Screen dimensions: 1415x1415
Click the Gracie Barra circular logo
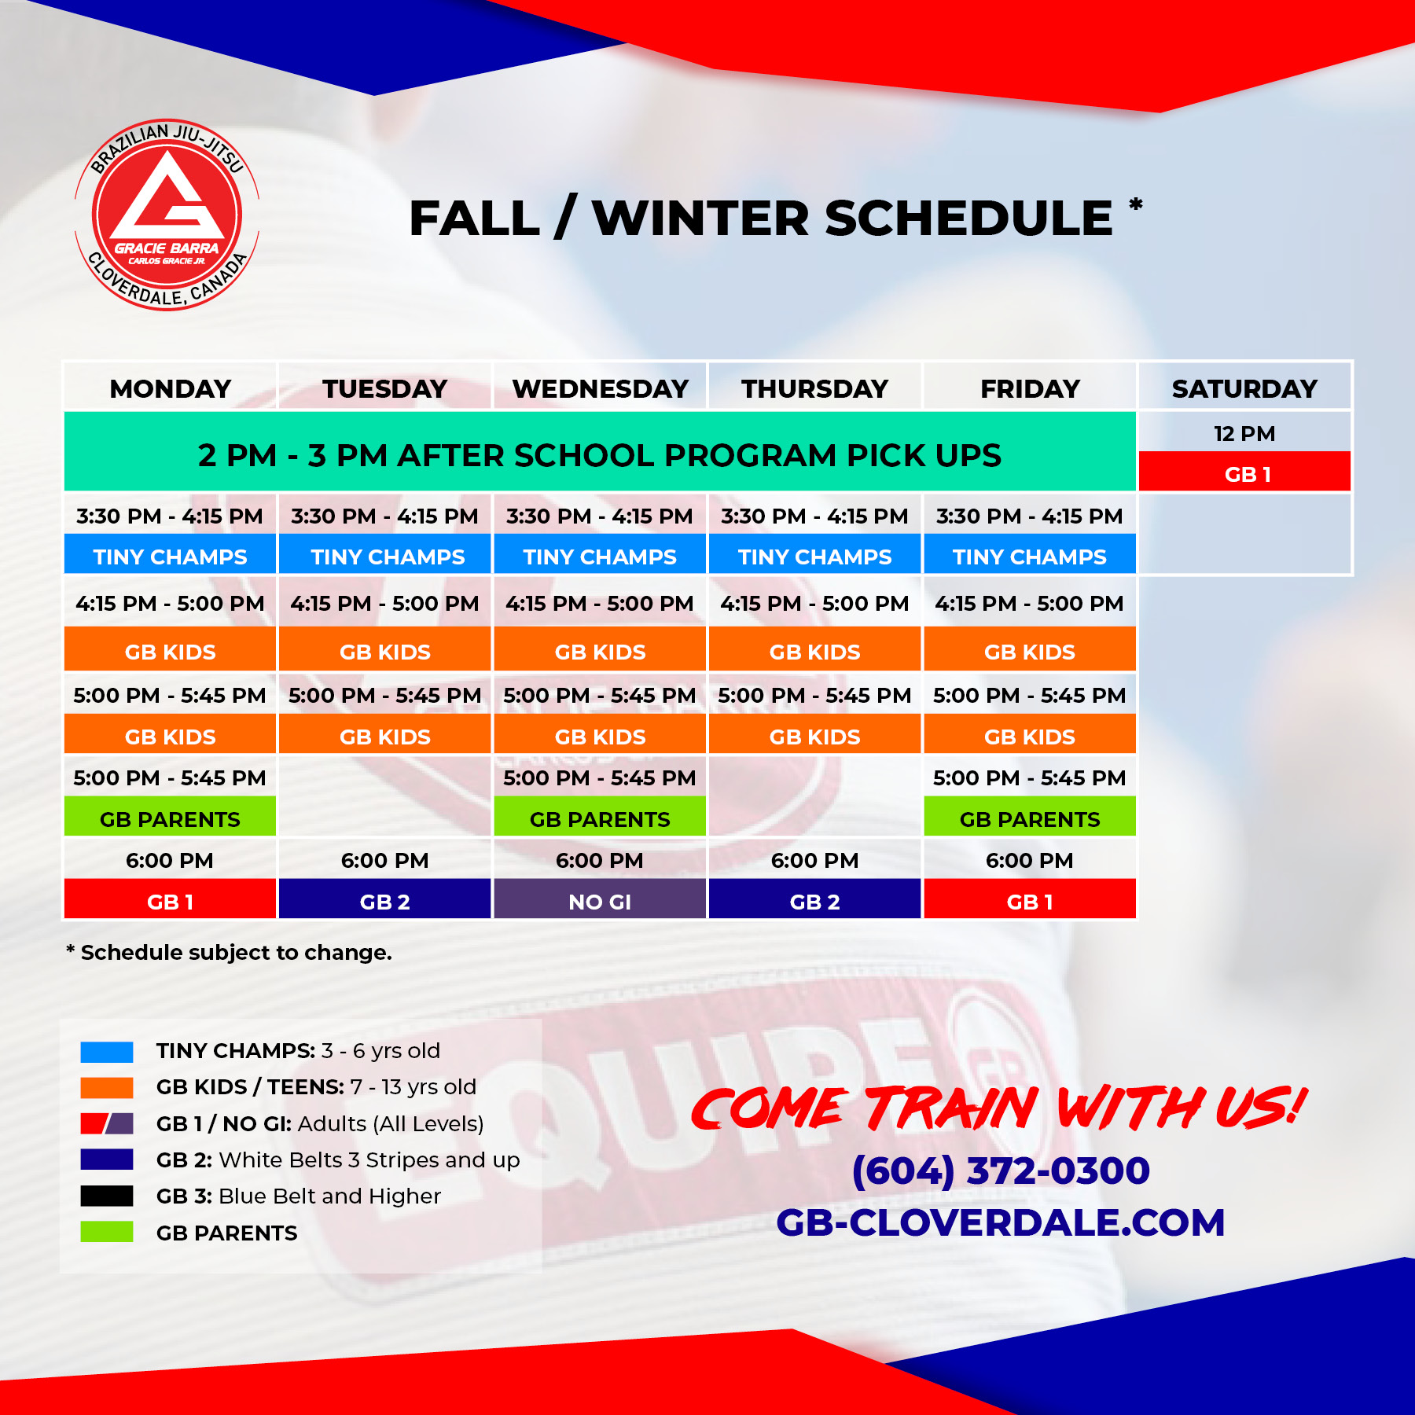tap(167, 215)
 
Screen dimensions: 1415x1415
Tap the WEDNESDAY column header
tap(600, 388)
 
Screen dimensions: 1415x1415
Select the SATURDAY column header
tap(1244, 388)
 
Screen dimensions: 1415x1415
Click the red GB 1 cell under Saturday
tap(1245, 473)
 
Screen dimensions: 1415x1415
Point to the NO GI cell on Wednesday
tap(600, 901)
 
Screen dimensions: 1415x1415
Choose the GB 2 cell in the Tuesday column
tap(384, 901)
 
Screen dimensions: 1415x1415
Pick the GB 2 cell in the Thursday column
tap(814, 901)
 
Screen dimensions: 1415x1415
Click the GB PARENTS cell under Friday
tap(1030, 818)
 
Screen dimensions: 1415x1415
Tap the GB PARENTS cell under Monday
tap(170, 818)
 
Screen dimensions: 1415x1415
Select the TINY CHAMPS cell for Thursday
tap(814, 556)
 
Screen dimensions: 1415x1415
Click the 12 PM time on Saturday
tap(1244, 433)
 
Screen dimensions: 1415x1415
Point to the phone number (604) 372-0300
tap(1001, 1170)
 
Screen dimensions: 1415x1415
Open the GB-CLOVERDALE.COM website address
tap(1000, 1222)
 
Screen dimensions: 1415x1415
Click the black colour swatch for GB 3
tap(107, 1196)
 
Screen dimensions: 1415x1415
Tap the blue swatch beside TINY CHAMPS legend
tap(107, 1051)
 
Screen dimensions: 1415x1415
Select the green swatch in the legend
tap(107, 1232)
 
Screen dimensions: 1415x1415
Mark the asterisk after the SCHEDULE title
tap(1135, 204)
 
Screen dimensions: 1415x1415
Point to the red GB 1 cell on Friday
tap(1030, 901)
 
